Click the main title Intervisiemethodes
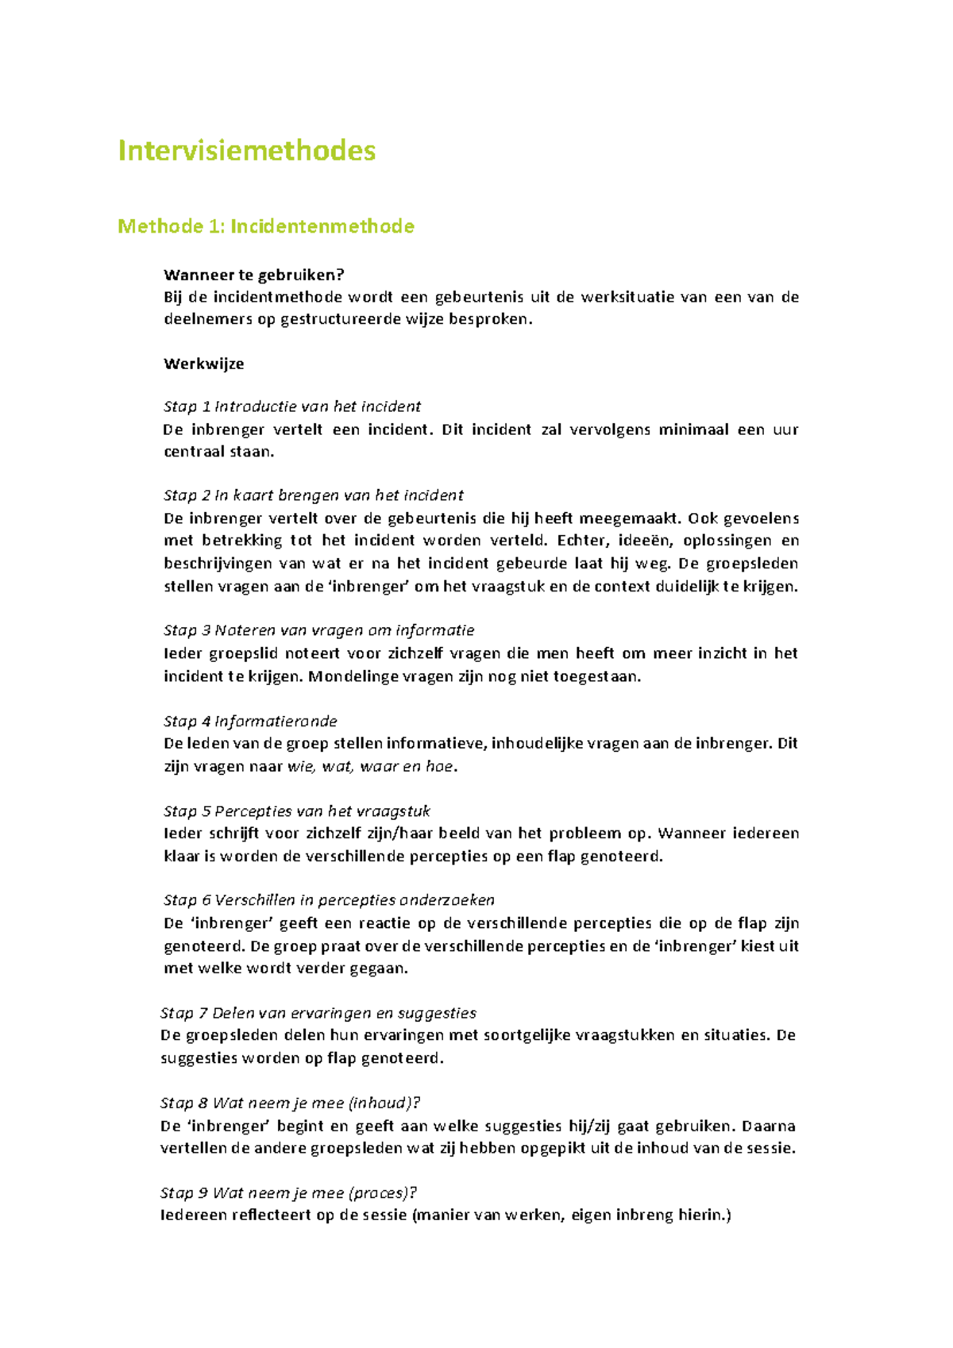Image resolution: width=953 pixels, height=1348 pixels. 246,151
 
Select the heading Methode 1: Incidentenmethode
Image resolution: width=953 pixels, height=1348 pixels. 265,226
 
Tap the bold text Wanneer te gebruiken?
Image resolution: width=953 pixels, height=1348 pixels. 253,275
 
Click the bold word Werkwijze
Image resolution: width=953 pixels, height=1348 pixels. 203,364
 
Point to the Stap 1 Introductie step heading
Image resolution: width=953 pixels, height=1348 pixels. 291,406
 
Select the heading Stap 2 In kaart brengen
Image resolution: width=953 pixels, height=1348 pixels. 313,495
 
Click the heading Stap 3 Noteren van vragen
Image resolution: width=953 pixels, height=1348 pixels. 318,630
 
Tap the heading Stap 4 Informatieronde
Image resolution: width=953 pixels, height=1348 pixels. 250,721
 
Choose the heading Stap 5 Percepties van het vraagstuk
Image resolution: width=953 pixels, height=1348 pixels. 296,811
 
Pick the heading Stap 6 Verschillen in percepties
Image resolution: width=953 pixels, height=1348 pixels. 329,900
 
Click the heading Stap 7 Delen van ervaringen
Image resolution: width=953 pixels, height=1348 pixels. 318,1013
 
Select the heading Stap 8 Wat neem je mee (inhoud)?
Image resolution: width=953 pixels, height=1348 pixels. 290,1103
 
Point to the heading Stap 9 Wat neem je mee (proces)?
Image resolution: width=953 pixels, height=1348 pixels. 288,1192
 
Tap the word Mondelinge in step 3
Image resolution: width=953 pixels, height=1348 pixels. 353,676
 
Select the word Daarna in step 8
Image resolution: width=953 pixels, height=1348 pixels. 768,1126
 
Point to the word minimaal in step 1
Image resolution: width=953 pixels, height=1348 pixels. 693,429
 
